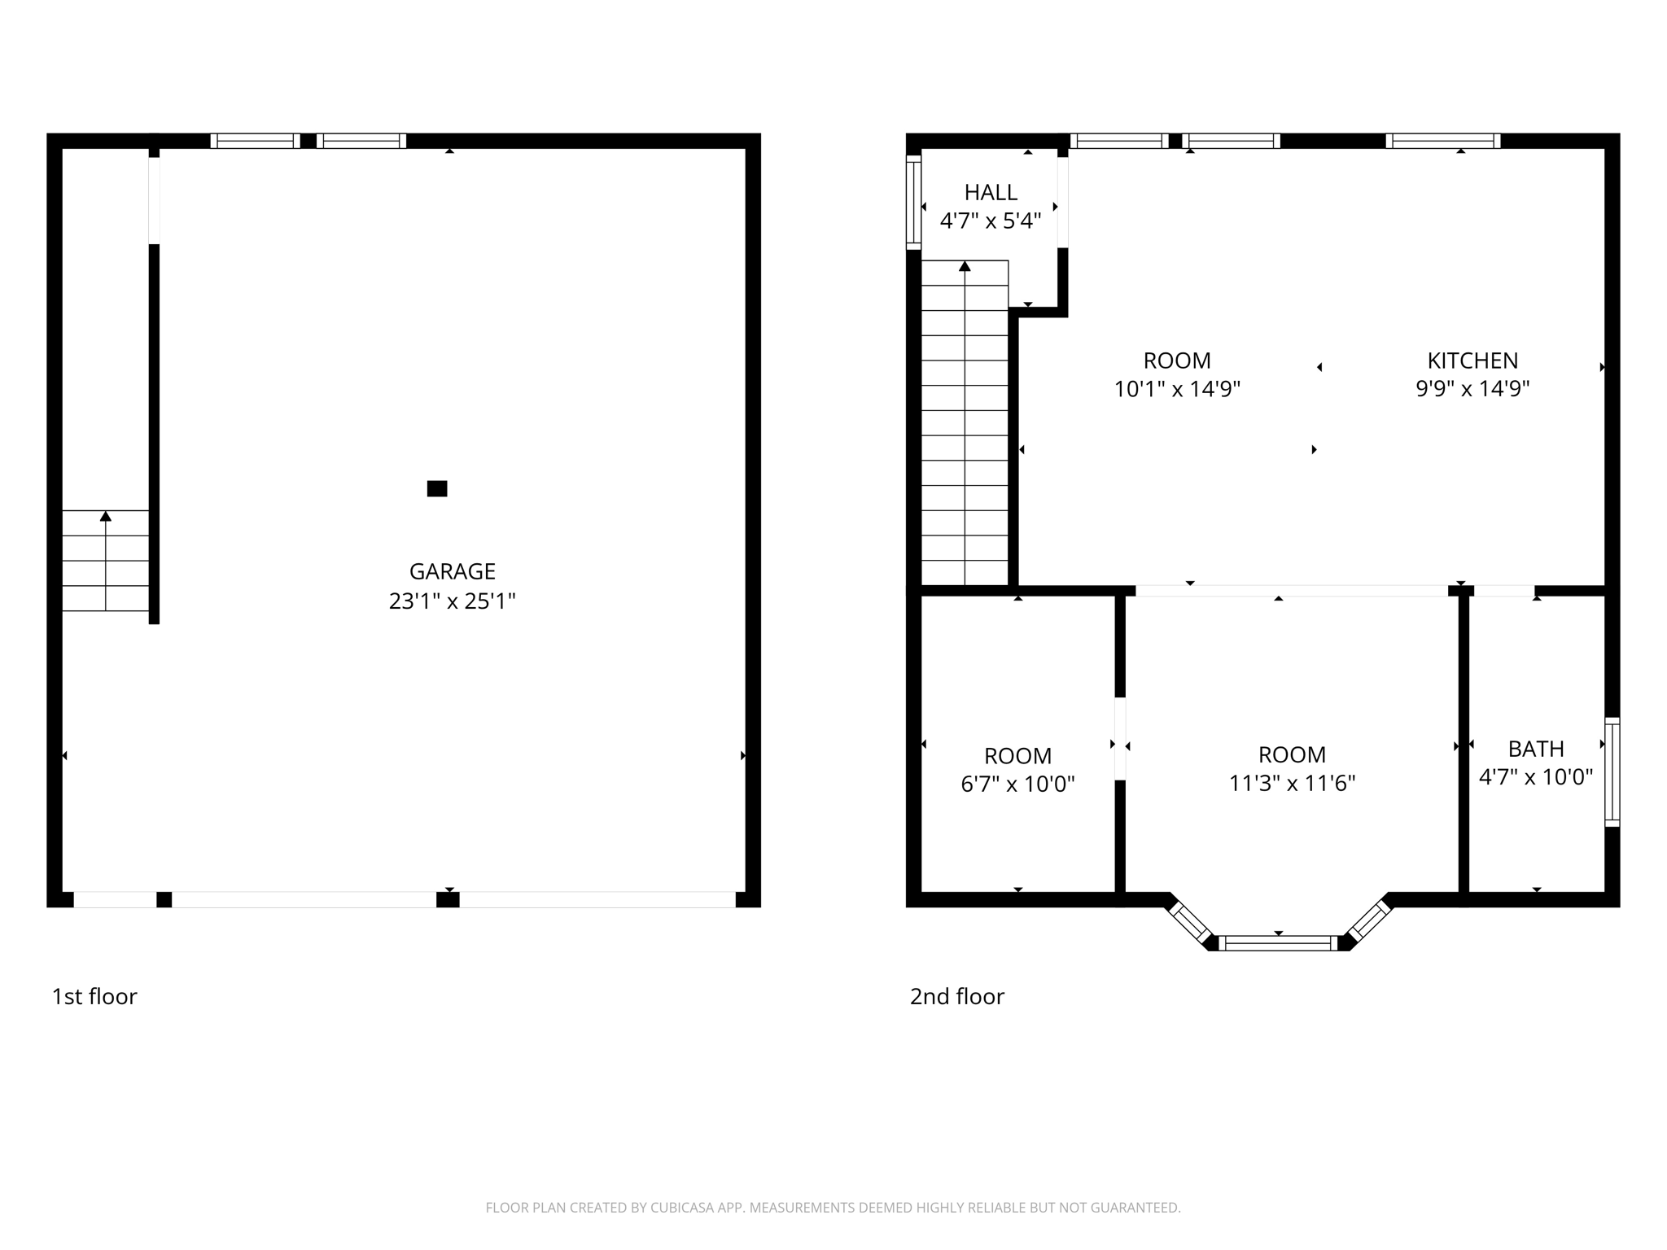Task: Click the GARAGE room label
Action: (x=452, y=571)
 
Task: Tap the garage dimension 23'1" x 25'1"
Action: (x=452, y=601)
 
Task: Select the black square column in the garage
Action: (x=437, y=488)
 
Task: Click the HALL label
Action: (x=991, y=193)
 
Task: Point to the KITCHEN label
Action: (x=1472, y=361)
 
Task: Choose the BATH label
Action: (x=1536, y=749)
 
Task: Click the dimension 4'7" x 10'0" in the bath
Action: (x=1535, y=777)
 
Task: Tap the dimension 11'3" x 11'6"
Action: (x=1292, y=783)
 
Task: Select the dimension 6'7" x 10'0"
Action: (x=1017, y=785)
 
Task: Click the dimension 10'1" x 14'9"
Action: (x=1177, y=389)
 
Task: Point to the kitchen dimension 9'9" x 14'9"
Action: (x=1472, y=388)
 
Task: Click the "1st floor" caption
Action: (x=94, y=997)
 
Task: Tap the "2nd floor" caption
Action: (x=956, y=997)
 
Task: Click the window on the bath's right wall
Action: (x=1612, y=771)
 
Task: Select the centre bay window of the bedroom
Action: (x=1278, y=943)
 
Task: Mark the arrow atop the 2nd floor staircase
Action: (x=965, y=266)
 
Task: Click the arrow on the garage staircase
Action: (x=106, y=516)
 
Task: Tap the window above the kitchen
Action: (x=1442, y=141)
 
